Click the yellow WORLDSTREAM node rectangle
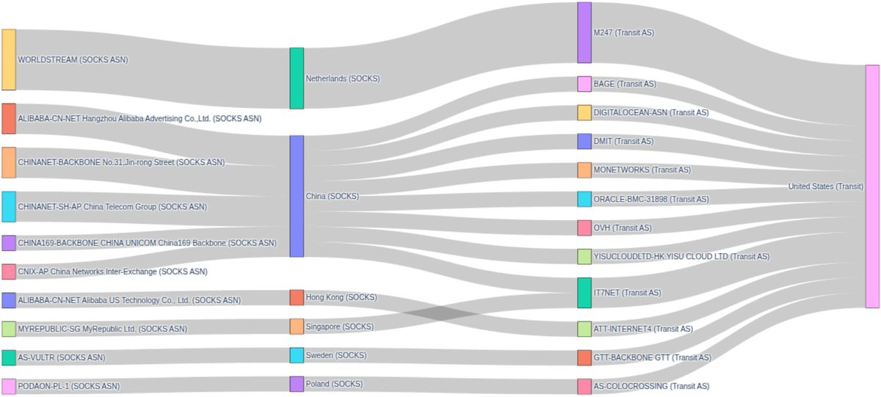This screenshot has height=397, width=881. click(8, 59)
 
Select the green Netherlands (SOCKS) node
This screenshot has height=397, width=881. click(297, 79)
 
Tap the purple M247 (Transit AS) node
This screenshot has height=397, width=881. click(584, 33)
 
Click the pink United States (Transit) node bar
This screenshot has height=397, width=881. click(872, 186)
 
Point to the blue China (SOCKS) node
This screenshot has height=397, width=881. click(297, 196)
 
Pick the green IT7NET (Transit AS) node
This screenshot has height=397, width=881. click(584, 293)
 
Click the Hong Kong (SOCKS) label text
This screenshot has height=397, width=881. click(341, 297)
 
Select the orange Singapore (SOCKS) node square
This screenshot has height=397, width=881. click(297, 327)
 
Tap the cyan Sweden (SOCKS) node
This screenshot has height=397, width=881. click(297, 355)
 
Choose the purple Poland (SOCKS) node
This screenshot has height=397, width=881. click(297, 384)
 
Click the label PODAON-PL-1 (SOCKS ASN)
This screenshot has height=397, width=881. click(68, 386)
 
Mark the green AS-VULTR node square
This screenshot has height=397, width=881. click(8, 357)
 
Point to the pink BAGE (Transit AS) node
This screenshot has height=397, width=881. click(584, 84)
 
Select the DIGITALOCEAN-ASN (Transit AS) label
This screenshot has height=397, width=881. click(650, 112)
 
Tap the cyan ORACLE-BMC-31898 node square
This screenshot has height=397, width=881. click(584, 199)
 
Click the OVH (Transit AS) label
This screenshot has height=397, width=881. click(622, 228)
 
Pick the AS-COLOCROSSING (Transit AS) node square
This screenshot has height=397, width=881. click(584, 387)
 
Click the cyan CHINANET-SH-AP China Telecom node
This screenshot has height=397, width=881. click(8, 207)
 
